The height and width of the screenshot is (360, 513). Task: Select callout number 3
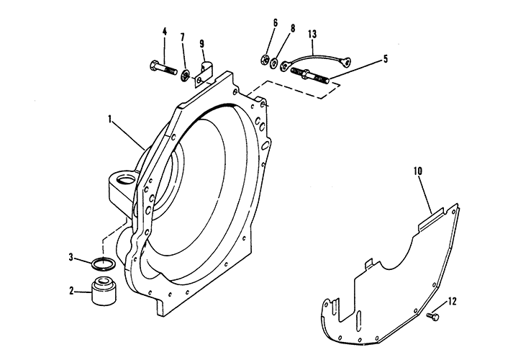pyautogui.click(x=71, y=256)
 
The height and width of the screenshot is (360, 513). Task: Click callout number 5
pyautogui.click(x=386, y=59)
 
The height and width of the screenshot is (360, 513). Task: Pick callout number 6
pyautogui.click(x=274, y=24)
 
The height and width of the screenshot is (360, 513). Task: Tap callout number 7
pyautogui.click(x=183, y=37)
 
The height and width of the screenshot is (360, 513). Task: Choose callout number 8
pyautogui.click(x=291, y=29)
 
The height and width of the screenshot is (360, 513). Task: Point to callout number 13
pyautogui.click(x=312, y=34)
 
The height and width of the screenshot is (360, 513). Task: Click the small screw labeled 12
pyautogui.click(x=433, y=315)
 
